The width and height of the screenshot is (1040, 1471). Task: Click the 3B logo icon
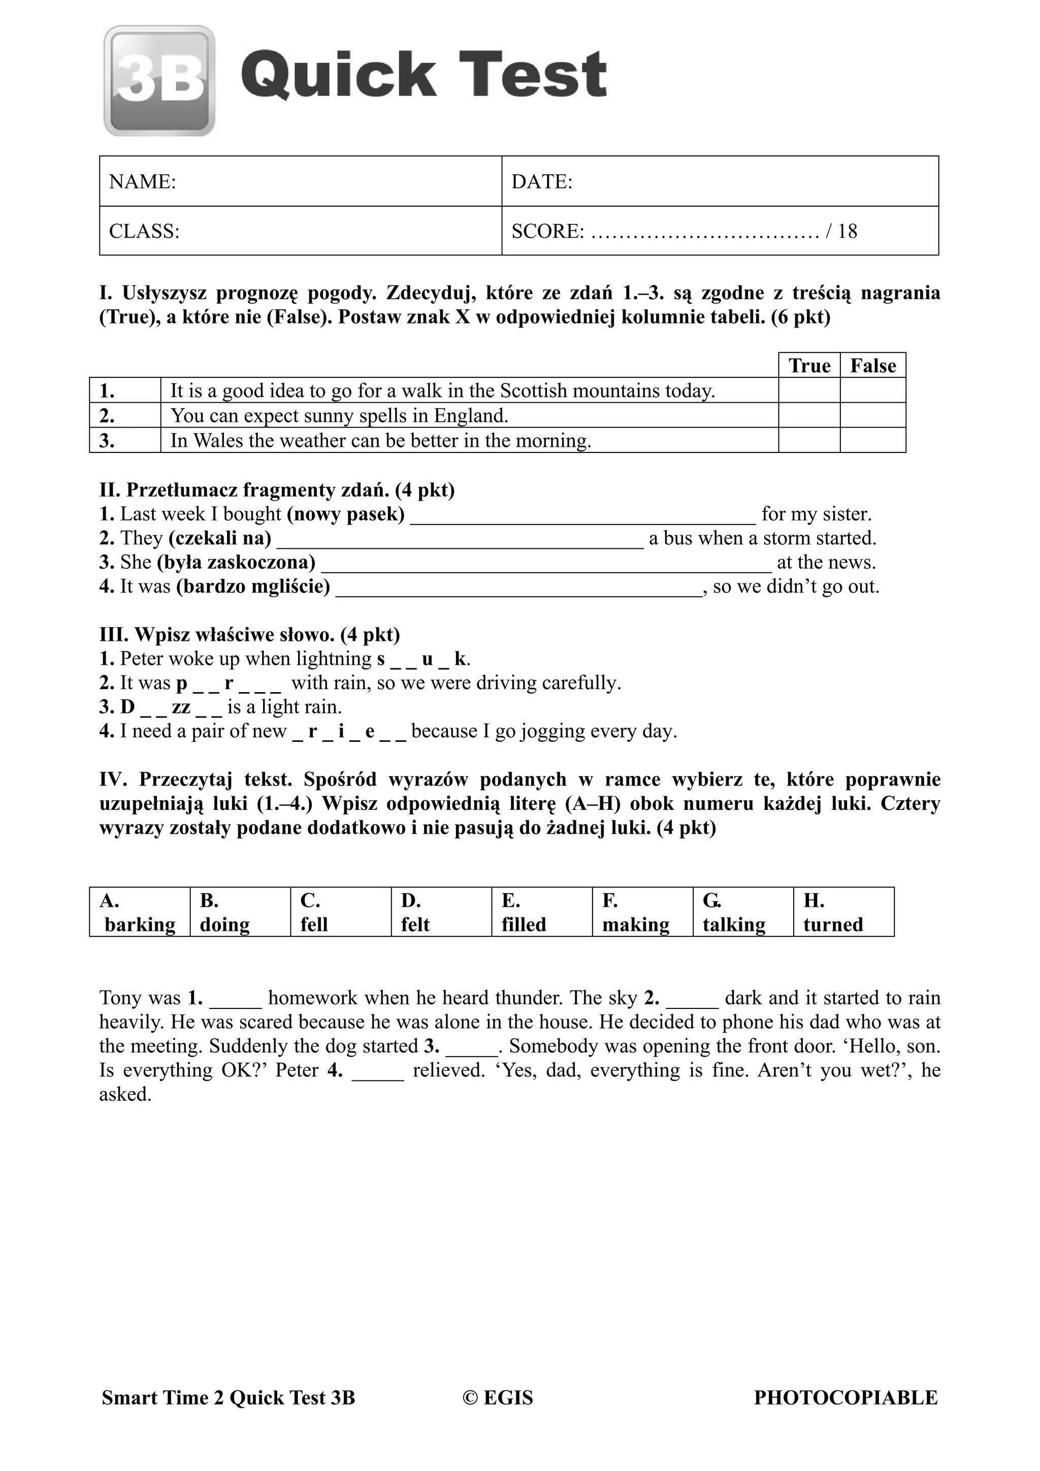(159, 81)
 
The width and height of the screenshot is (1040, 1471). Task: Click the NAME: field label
(142, 182)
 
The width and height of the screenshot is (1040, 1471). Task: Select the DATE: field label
(541, 182)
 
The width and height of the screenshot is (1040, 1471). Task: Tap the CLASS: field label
(144, 231)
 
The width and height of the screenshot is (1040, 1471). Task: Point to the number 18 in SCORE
(847, 231)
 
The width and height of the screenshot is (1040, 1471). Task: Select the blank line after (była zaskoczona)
(546, 566)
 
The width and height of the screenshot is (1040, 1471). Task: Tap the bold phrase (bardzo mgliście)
(253, 586)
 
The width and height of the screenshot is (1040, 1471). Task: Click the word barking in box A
(140, 925)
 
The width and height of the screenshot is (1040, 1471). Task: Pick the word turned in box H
(832, 925)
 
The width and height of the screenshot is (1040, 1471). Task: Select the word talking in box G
(734, 925)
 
